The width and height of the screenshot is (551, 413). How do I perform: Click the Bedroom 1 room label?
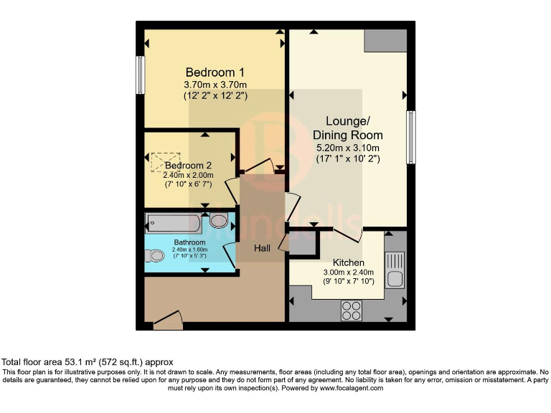[215, 72]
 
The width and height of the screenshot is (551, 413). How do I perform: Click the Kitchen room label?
[347, 263]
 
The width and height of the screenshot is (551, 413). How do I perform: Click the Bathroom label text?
[189, 242]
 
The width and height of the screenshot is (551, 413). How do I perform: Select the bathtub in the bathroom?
[175, 222]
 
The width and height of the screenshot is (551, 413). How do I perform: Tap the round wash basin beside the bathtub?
[219, 221]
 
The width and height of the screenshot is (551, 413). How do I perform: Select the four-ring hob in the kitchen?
[351, 310]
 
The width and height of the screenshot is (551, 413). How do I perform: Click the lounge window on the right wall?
[411, 137]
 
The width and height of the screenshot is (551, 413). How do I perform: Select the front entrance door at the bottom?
[168, 322]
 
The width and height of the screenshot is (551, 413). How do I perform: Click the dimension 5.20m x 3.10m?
[347, 148]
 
